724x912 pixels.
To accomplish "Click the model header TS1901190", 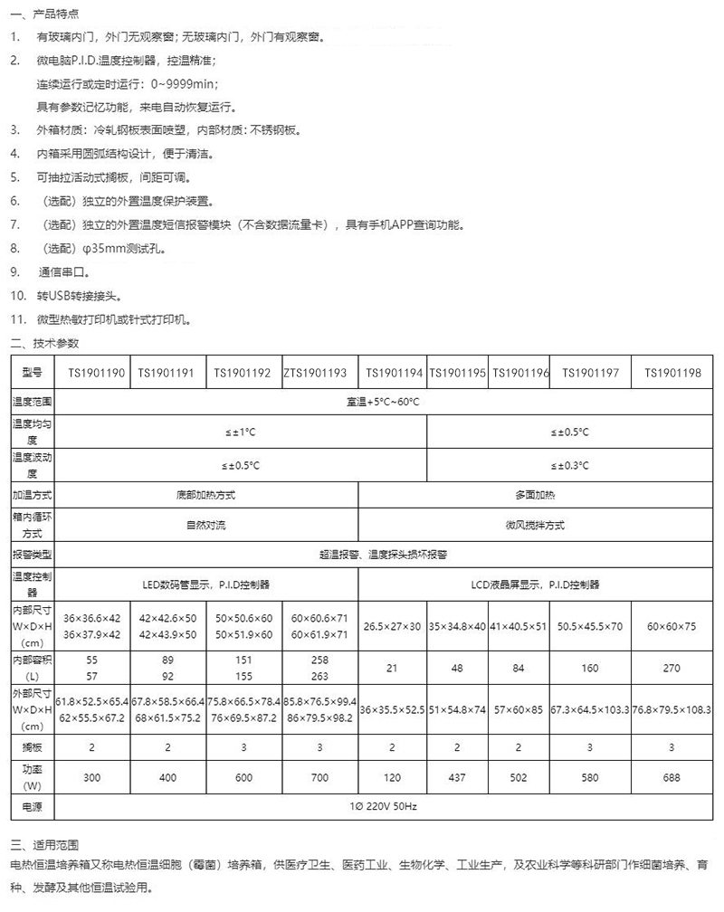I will (x=97, y=373).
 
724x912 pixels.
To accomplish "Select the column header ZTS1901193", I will (x=315, y=373).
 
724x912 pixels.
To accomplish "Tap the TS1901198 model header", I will (x=672, y=373).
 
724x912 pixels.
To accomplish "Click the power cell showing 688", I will (x=672, y=778).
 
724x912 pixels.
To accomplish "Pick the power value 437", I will (x=458, y=778).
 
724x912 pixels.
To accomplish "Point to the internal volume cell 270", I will (x=672, y=669).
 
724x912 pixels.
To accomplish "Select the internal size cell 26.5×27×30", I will (x=393, y=626).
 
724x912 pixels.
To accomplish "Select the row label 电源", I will (x=33, y=805).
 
